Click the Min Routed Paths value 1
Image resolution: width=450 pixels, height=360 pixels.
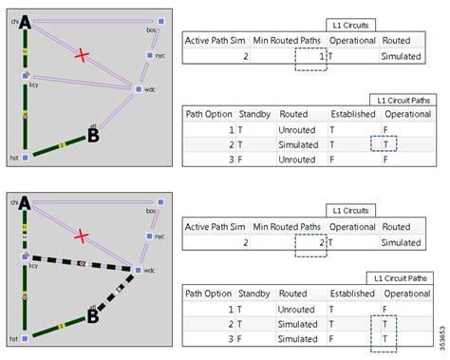[323, 58]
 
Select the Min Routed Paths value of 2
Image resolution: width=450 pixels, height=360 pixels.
[323, 244]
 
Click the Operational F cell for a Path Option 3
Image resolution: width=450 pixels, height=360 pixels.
[385, 161]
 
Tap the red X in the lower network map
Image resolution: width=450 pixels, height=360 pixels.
[84, 235]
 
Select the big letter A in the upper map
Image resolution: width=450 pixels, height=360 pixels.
[25, 21]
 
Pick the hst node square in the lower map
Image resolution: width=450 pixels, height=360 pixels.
[26, 337]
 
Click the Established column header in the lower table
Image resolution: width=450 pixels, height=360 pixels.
[353, 294]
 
